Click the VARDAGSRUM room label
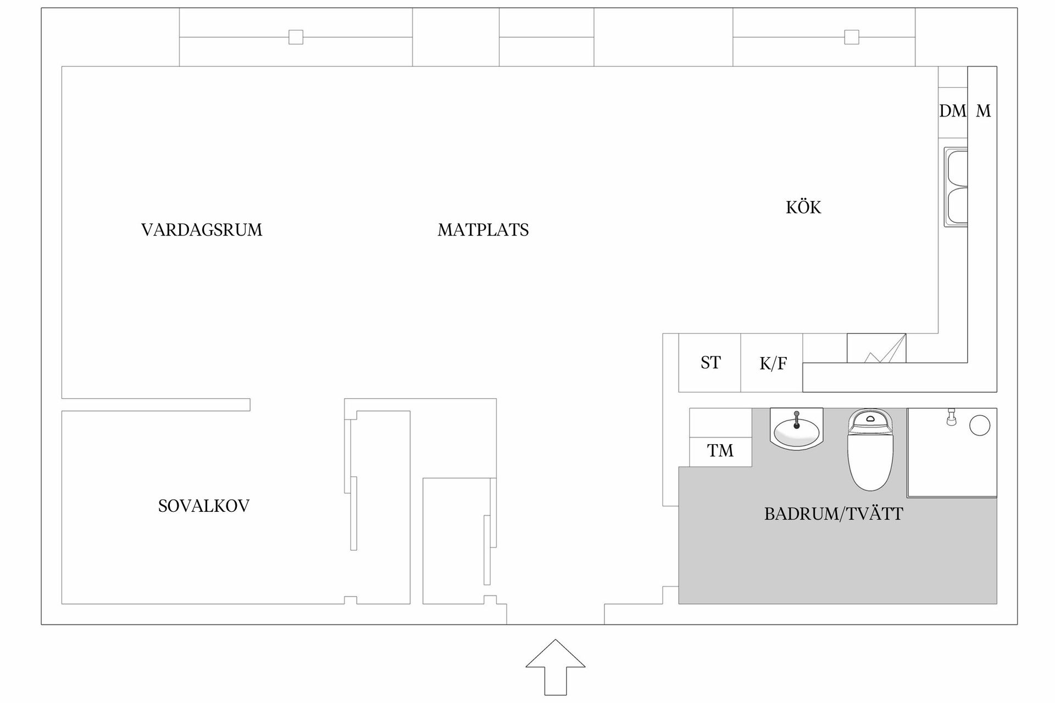point(202,230)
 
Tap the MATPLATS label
point(483,230)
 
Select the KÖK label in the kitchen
point(803,208)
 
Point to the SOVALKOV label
point(204,506)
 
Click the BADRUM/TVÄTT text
point(834,514)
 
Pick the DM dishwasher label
point(952,111)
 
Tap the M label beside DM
point(983,111)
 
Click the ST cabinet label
point(710,362)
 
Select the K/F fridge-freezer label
point(773,364)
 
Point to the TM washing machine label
point(720,451)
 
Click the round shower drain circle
point(980,426)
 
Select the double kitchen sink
point(956,187)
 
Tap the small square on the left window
point(296,37)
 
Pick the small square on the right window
point(852,37)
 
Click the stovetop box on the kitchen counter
point(876,348)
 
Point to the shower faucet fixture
point(951,417)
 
